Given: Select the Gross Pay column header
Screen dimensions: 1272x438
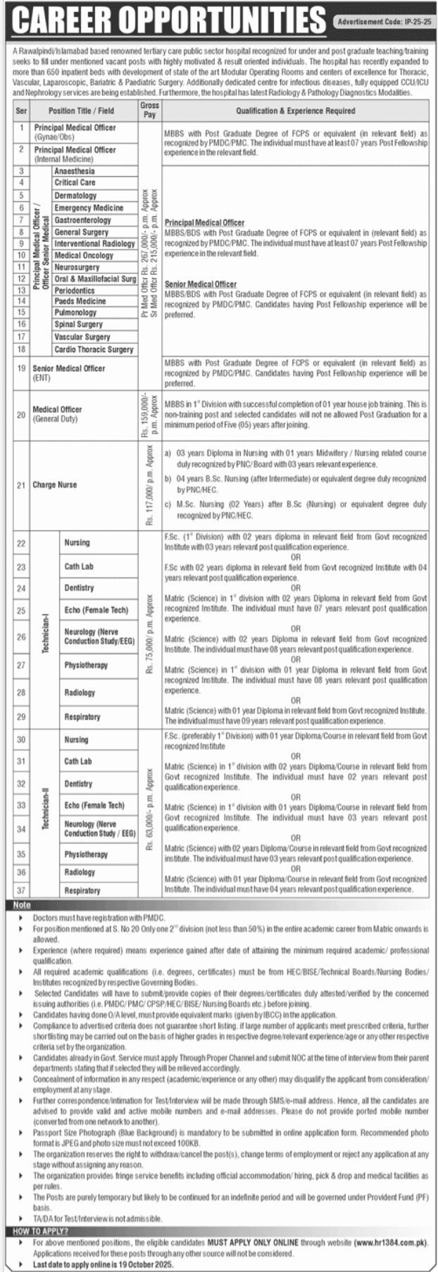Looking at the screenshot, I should coord(149,110).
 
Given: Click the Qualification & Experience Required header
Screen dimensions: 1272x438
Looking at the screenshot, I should coord(295,111).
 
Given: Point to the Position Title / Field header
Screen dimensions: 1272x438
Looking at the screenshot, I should coord(81,111).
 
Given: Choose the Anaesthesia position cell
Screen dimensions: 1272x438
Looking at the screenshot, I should coord(74,171).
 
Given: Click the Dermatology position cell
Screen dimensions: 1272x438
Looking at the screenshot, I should coord(75,196).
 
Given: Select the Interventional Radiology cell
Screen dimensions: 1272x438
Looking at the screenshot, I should coord(94,244).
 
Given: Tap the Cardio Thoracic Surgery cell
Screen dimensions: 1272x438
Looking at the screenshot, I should coord(94,349).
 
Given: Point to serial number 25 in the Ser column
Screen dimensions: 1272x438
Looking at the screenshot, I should coord(21,610).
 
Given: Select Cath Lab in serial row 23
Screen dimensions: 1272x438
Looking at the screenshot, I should coord(78,566).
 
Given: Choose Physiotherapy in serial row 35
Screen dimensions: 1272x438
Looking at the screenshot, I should coord(86,854).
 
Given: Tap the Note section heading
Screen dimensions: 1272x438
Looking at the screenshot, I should coord(22,905).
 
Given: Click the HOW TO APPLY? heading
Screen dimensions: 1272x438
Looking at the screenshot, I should coord(41,1231).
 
